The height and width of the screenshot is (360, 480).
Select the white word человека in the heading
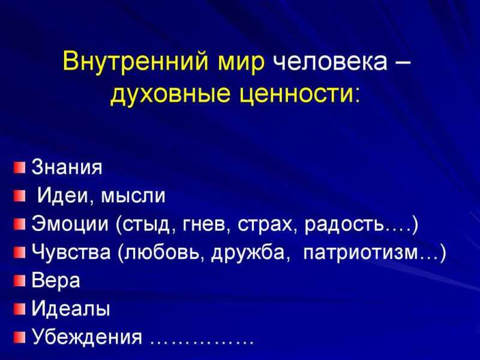329,61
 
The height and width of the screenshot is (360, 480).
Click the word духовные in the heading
170,94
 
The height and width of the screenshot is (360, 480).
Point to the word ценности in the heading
294,94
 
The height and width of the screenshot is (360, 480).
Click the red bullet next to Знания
19,167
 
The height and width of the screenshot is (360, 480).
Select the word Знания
67,167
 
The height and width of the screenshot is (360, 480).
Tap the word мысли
133,196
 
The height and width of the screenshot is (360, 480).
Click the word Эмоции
70,223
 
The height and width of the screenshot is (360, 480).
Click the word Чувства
71,253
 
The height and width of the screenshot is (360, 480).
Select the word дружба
247,253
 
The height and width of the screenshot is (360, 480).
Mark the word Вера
56,281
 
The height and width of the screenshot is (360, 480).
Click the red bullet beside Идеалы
19,308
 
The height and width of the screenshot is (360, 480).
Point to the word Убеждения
87,337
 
